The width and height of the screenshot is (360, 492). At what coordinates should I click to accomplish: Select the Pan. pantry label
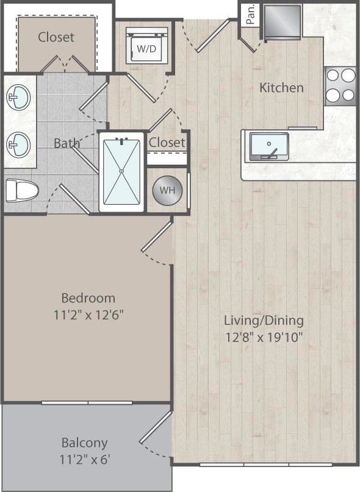(250, 14)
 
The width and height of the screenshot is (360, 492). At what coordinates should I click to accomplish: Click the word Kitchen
(281, 88)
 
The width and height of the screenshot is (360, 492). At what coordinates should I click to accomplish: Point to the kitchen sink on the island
(269, 146)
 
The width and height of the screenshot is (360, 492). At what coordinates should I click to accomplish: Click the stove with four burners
(340, 85)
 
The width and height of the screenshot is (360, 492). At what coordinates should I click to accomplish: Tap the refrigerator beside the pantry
(282, 22)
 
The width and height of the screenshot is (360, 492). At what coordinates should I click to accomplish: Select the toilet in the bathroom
(21, 190)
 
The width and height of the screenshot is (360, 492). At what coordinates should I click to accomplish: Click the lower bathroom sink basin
(19, 145)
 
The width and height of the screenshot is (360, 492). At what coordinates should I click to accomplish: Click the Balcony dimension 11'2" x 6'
(84, 458)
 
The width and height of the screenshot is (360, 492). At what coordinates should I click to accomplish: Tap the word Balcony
(84, 443)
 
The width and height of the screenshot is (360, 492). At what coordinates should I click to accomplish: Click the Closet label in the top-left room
(56, 37)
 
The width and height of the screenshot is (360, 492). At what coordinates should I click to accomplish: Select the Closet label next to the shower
(167, 142)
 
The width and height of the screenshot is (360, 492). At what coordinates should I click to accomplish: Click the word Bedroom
(88, 298)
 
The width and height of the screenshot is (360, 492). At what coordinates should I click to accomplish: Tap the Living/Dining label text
(264, 320)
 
